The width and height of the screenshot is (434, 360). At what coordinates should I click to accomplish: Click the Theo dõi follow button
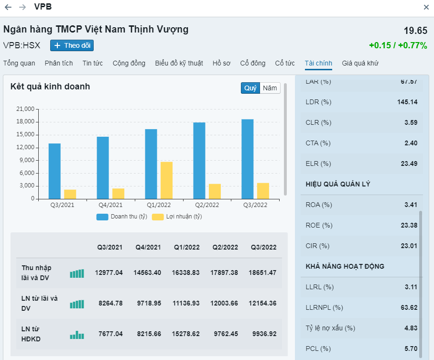click(72, 45)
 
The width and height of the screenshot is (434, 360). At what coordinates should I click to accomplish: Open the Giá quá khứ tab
click(360, 63)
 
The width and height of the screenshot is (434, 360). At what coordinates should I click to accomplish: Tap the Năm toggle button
click(270, 88)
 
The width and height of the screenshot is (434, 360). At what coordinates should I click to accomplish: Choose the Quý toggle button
click(250, 88)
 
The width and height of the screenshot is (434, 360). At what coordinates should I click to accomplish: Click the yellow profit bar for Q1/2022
click(166, 180)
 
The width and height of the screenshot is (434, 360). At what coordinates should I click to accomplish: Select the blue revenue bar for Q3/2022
click(247, 159)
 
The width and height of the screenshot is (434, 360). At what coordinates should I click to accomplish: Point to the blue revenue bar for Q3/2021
click(54, 171)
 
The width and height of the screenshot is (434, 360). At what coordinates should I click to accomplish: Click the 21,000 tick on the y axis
click(24, 109)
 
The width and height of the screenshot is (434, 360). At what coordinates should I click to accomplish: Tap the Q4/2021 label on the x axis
click(110, 205)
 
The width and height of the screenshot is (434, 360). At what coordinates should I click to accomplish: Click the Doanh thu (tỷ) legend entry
click(122, 217)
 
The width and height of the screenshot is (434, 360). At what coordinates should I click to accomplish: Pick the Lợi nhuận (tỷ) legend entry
click(177, 217)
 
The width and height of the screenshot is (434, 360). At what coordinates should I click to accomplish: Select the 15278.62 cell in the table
click(187, 334)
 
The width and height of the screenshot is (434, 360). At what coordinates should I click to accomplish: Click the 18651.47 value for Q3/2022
click(262, 273)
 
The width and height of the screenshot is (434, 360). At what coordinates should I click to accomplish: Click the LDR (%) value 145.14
click(407, 102)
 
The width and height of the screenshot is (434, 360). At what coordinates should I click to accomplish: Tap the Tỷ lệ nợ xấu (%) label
click(330, 328)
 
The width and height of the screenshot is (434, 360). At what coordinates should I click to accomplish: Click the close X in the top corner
click(426, 7)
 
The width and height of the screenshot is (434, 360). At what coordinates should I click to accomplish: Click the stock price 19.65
click(415, 31)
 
